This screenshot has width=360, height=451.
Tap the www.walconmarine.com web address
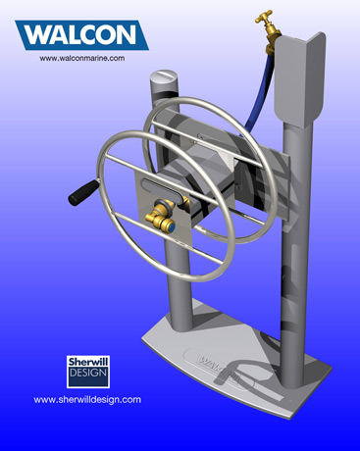pos(82,59)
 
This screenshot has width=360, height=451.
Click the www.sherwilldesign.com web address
pos(87,399)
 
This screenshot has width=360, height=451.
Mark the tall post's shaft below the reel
pos(290,294)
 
